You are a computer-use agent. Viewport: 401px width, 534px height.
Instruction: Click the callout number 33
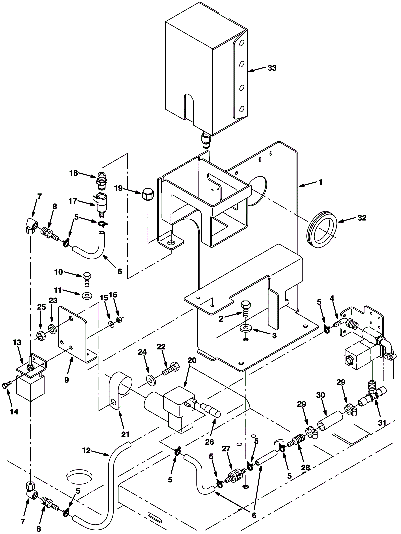[272, 68]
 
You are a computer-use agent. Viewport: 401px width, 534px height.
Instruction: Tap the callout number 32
[362, 218]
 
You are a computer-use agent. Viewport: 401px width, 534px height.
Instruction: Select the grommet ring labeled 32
[322, 229]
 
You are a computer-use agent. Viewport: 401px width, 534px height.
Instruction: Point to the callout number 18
[74, 173]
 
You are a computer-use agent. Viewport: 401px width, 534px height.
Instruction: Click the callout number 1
[320, 182]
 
